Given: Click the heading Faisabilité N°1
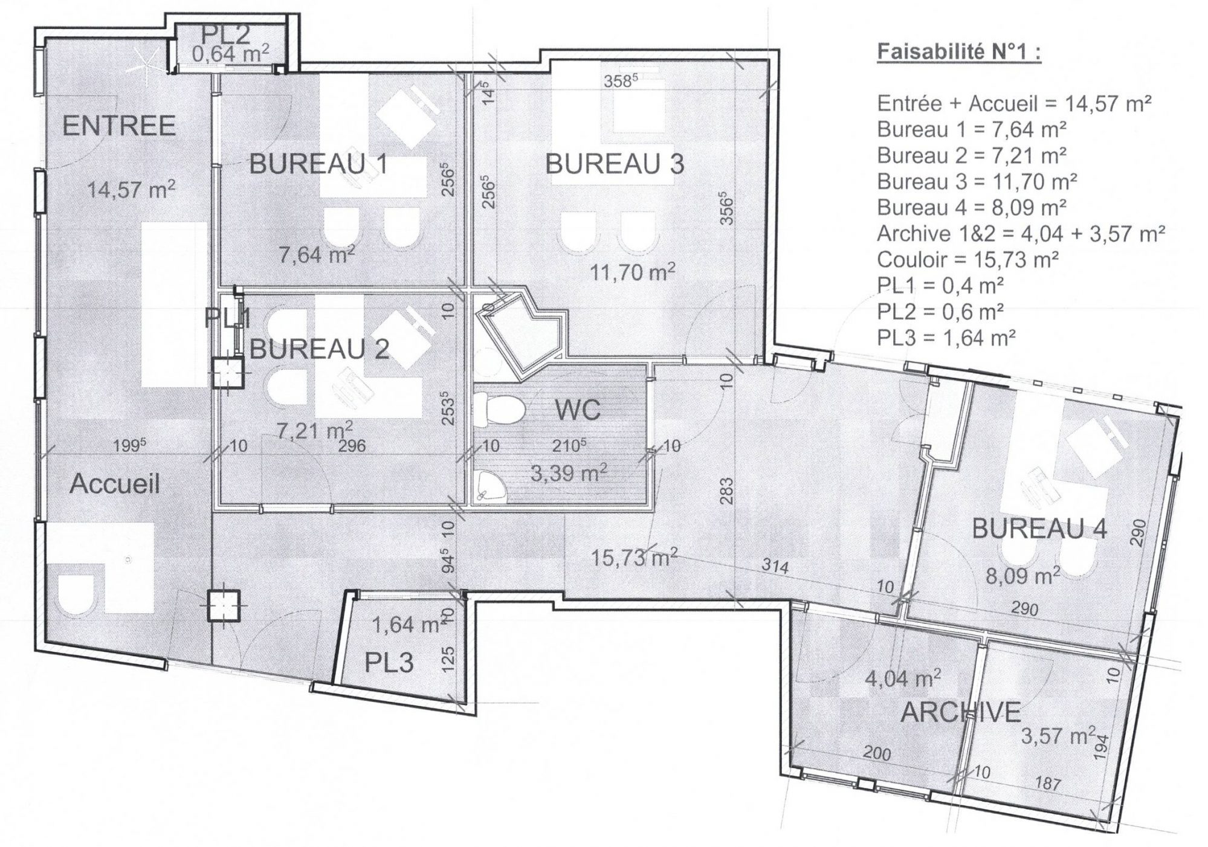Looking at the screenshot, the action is click(959, 52).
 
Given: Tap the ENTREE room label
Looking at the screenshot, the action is click(119, 126).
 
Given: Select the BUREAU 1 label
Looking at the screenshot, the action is click(318, 164).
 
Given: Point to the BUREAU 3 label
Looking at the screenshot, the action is click(615, 164).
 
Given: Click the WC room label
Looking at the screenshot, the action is click(578, 410).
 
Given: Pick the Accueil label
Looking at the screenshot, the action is click(114, 484).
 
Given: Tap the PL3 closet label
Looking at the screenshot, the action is click(389, 663).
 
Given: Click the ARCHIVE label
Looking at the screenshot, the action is click(960, 713).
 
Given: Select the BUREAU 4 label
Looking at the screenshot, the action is click(1039, 529).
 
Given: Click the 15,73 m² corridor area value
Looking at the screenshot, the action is click(633, 557).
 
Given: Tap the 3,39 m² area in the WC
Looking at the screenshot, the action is click(569, 472).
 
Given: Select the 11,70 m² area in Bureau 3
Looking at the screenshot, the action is click(632, 272).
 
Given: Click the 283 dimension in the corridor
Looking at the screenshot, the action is click(726, 491).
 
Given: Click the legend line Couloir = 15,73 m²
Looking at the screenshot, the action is click(967, 260).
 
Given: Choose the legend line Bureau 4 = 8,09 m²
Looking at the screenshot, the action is click(972, 207).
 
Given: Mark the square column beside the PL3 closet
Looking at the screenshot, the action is click(223, 605).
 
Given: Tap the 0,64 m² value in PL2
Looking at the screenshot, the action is click(230, 54).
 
